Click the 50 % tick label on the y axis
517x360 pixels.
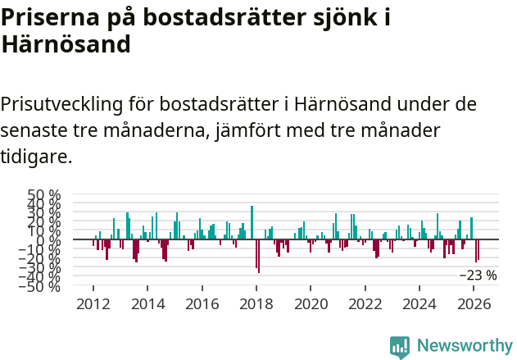pos(44,195)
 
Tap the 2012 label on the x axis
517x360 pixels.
pos(93,303)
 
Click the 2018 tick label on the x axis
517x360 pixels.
pos(256,303)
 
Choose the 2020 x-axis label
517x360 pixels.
pos(311,303)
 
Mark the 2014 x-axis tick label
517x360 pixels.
pos(147,303)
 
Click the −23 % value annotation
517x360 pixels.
pos(478,276)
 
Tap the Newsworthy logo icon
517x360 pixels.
pos(400,346)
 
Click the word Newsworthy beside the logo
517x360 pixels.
pos(464,346)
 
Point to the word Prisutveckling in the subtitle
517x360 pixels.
pos(61,105)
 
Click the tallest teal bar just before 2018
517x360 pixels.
pos(252,223)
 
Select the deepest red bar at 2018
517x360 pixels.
pos(258,257)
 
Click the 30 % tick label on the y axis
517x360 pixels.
pos(44,213)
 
